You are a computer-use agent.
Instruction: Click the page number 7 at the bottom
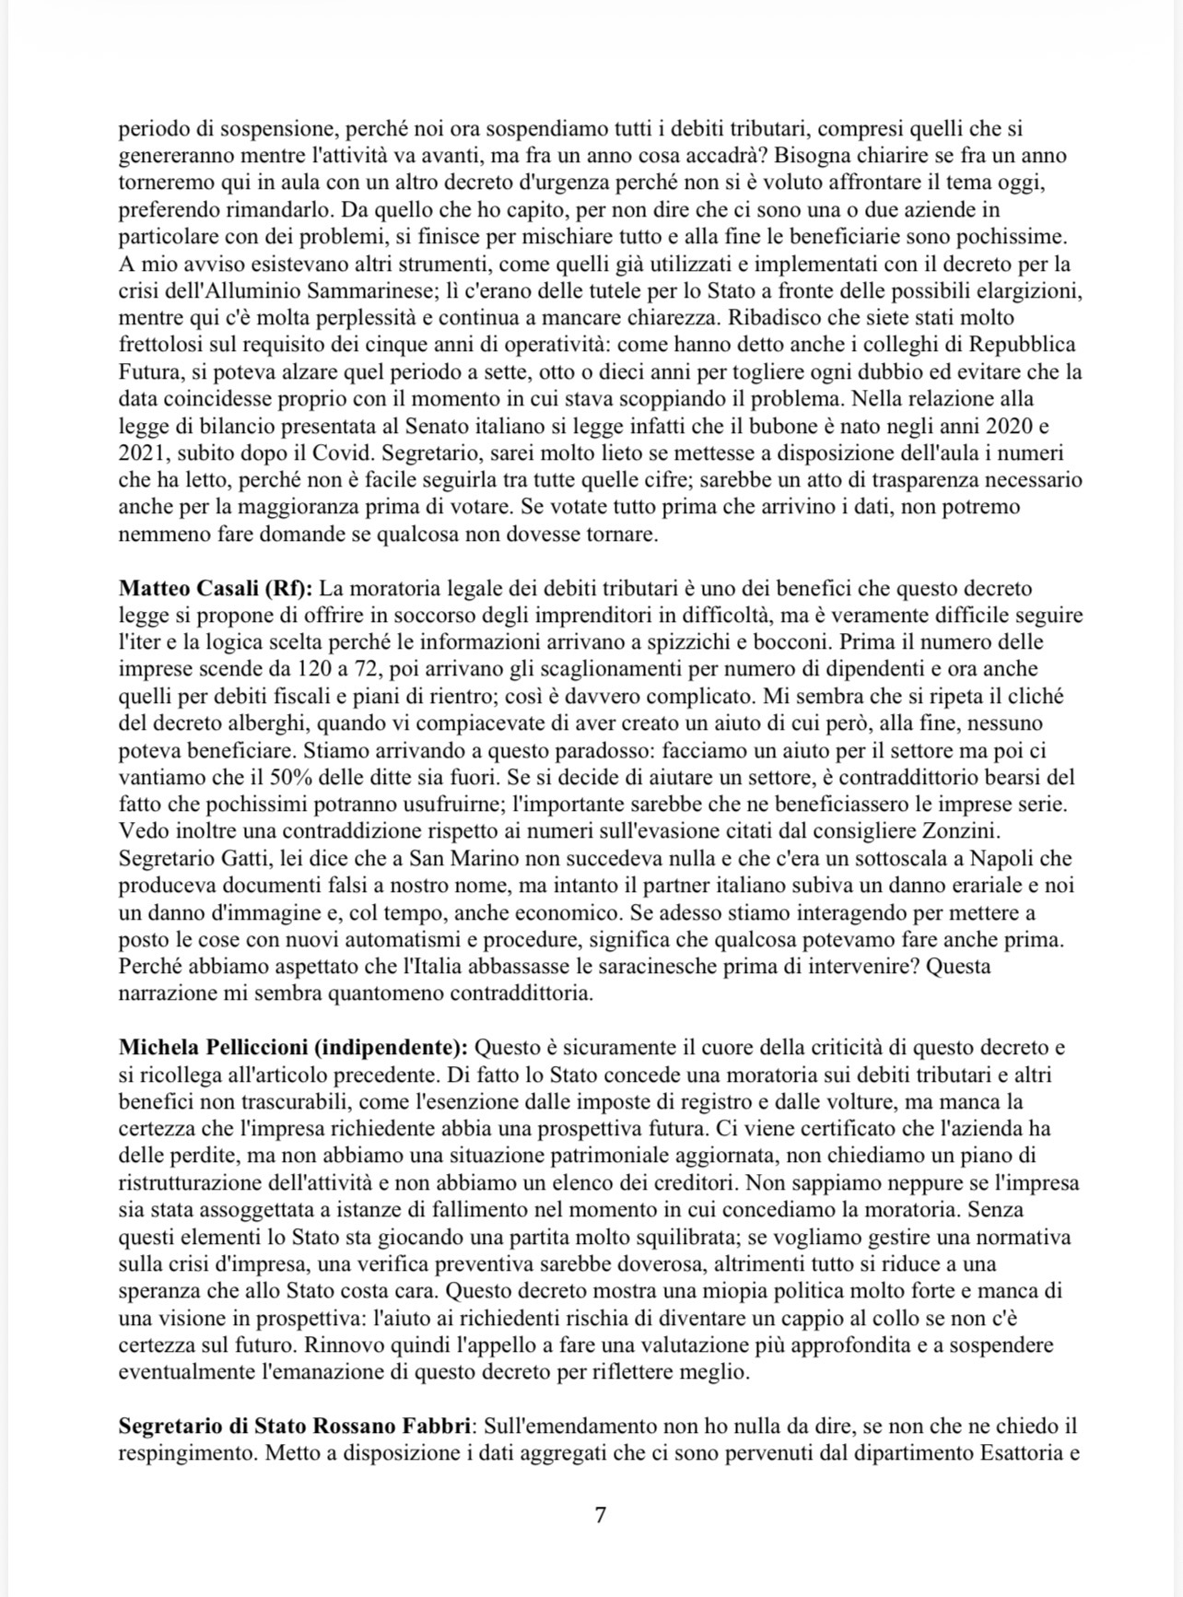(600, 1515)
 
